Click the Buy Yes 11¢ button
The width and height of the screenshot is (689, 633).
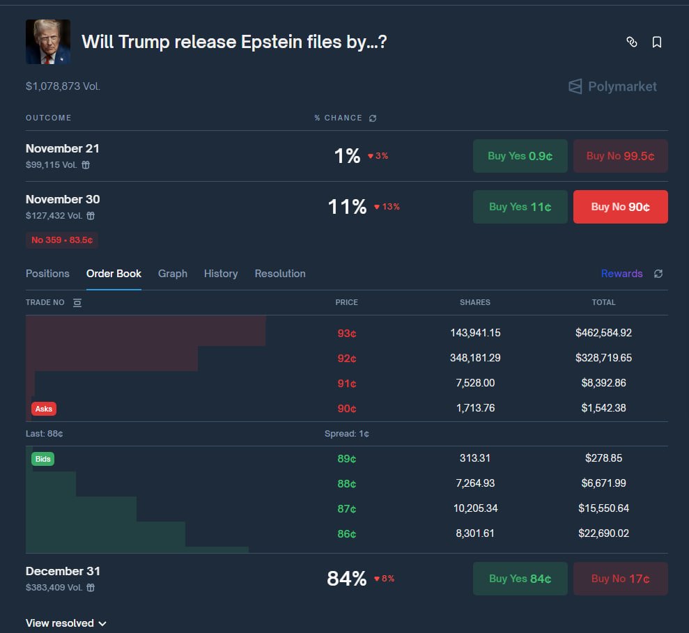pyautogui.click(x=520, y=207)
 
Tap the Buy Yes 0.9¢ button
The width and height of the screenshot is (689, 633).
pyautogui.click(x=520, y=156)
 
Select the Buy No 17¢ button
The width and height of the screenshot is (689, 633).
pyautogui.click(x=620, y=579)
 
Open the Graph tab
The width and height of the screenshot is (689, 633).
pyautogui.click(x=172, y=274)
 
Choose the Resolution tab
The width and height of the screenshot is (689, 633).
pyautogui.click(x=280, y=274)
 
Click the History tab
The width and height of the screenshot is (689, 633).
pyautogui.click(x=221, y=274)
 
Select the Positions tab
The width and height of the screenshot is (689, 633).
pyautogui.click(x=47, y=274)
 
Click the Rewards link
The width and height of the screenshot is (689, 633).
pyautogui.click(x=621, y=274)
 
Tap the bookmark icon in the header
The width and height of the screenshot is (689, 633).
pyautogui.click(x=656, y=42)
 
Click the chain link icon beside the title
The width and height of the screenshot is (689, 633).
pyautogui.click(x=632, y=42)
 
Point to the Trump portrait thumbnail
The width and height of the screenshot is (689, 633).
pyautogui.click(x=48, y=42)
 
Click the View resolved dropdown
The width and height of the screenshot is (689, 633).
pyautogui.click(x=65, y=623)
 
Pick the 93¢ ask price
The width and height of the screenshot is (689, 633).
pyautogui.click(x=346, y=333)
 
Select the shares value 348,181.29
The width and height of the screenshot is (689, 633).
pyautogui.click(x=475, y=358)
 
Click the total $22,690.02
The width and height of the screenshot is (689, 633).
pyautogui.click(x=603, y=533)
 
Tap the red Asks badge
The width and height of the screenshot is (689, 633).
pyautogui.click(x=44, y=409)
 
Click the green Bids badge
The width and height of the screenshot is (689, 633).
pyautogui.click(x=42, y=459)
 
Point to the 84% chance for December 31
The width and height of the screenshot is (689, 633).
pyautogui.click(x=346, y=579)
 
